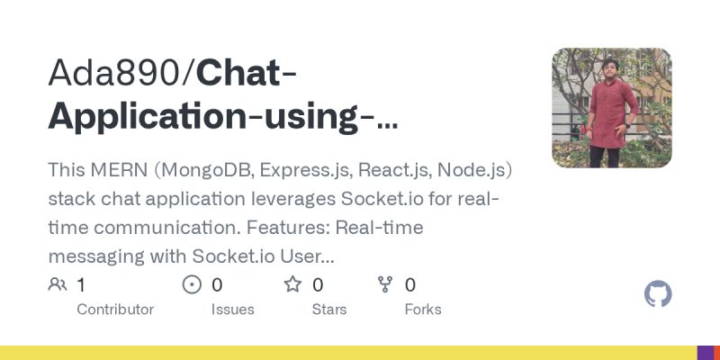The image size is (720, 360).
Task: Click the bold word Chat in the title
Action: coord(240,74)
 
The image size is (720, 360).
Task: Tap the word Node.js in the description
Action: coord(475,171)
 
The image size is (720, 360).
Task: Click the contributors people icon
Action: coord(58,285)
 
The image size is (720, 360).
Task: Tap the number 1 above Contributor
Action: coord(81,285)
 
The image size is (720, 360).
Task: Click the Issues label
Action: coord(232,310)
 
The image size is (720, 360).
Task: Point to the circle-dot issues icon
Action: coord(192,285)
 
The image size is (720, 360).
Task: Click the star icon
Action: coord(292,285)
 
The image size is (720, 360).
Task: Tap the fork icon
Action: coord(385,285)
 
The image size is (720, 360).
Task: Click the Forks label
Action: coord(423,310)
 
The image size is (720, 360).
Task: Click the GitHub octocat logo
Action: coord(659,294)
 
